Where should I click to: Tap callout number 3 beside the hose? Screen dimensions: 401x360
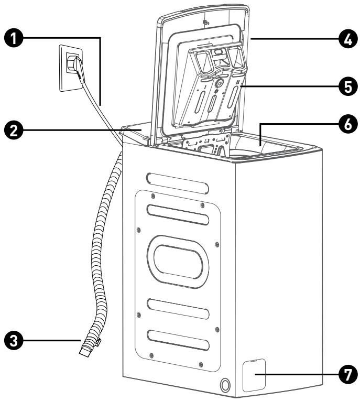coord(13,339)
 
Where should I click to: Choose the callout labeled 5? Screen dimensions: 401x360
coord(345,87)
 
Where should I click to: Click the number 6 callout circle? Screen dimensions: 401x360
coord(345,124)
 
